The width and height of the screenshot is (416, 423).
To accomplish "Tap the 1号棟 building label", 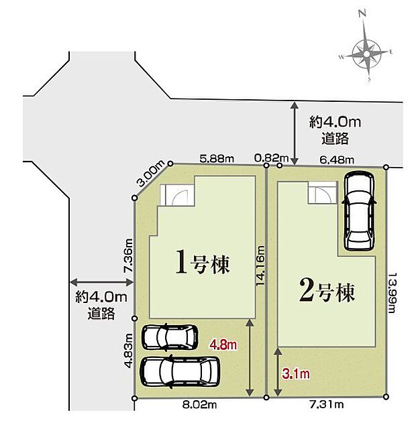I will (203, 263).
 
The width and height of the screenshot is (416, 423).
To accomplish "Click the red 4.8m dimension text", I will (223, 345).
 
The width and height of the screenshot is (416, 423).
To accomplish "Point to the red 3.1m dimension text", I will (296, 372).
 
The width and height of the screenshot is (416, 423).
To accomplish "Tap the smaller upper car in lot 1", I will (170, 336).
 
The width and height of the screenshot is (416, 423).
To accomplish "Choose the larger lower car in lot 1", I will (180, 369).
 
